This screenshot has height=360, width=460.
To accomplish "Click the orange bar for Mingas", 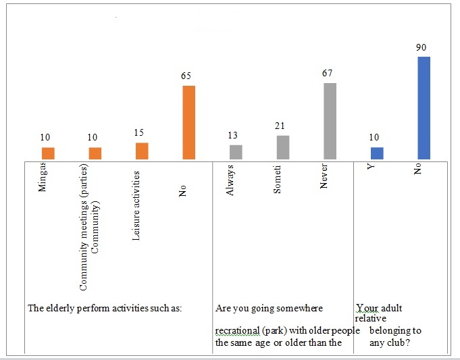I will tap(47, 153).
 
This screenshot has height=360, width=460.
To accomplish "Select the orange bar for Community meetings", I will tap(95, 153).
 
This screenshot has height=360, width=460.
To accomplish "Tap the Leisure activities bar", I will tap(142, 151).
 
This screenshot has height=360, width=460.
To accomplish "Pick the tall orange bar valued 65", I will tap(188, 123).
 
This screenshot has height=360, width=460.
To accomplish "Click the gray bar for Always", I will tap(235, 152).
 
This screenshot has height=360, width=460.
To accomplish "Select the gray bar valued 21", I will tap(282, 147).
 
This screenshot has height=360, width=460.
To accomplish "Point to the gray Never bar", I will tap(330, 122).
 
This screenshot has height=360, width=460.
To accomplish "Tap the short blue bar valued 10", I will tap(376, 153).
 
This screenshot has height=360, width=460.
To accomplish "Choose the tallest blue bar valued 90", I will tap(424, 108).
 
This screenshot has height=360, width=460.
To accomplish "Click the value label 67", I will tap(328, 73).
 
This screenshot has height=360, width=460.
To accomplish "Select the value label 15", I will tap(141, 133).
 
